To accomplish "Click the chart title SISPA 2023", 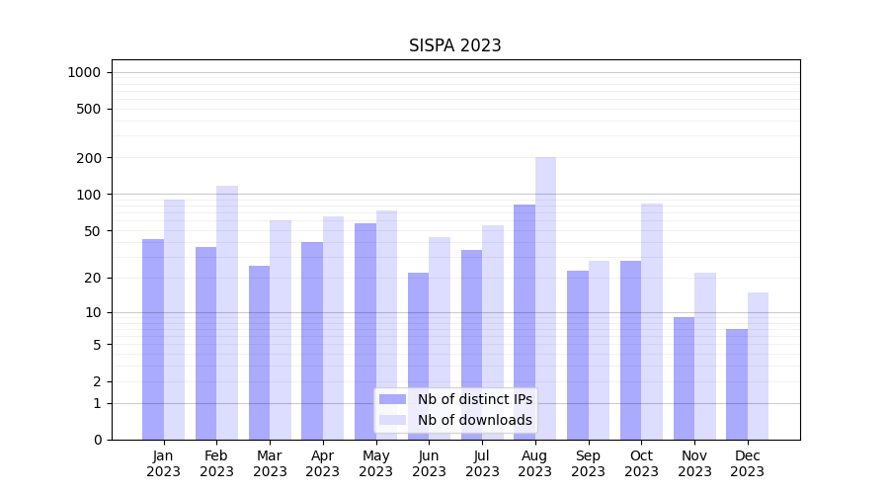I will tap(455, 45).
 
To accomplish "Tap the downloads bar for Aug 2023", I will tap(546, 296).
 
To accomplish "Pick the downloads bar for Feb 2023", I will tap(227, 312).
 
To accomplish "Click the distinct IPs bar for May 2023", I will tap(365, 331).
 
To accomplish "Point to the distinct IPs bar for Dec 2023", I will tap(737, 384).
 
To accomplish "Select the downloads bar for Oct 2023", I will tap(652, 321).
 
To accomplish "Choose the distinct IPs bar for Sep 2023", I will tap(578, 355).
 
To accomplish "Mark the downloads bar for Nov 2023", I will tap(705, 356).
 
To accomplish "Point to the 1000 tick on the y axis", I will tap(84, 72).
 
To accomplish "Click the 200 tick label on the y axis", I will tap(90, 158).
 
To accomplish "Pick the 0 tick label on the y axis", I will tap(97, 440).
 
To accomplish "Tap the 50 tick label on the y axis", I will tap(93, 231).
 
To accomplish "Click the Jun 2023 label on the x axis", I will tap(429, 463).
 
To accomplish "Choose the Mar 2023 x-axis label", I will tap(270, 463).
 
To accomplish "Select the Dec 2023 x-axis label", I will tap(748, 463).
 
